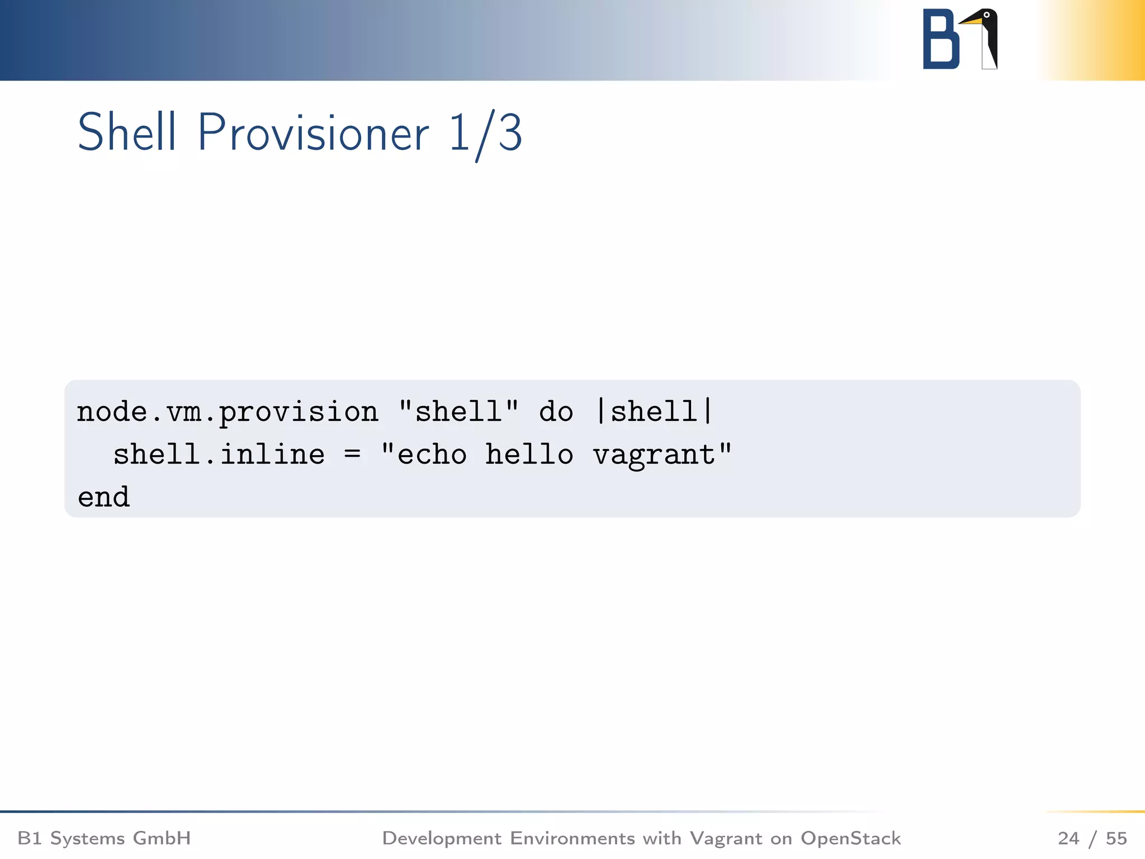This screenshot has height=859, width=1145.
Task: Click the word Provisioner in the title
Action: click(313, 133)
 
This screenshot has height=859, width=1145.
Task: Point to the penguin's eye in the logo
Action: click(987, 15)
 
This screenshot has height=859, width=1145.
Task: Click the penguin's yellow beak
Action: click(971, 21)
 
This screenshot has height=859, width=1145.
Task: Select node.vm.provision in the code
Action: click(227, 413)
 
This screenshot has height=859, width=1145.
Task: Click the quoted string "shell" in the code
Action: click(458, 412)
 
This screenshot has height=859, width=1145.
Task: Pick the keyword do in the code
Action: click(556, 413)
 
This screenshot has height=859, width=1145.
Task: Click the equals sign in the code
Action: click(352, 454)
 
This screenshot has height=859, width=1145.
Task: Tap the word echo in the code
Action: click(432, 455)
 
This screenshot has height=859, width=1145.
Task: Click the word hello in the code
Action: click(529, 454)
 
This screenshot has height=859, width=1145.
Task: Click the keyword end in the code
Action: click(103, 497)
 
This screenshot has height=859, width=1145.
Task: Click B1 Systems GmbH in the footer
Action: click(104, 838)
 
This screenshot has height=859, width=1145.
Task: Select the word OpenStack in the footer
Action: click(850, 838)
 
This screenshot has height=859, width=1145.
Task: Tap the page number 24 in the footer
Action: click(1068, 838)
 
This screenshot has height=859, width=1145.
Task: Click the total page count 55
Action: click(1116, 838)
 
